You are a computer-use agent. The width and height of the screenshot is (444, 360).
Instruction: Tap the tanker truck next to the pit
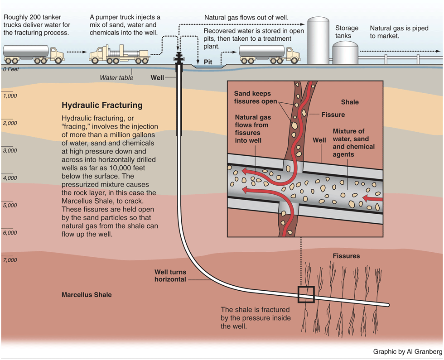click(269, 54)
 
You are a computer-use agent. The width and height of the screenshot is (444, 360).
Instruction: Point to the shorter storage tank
click(345, 53)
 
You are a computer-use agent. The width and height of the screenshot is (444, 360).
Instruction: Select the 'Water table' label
click(116, 77)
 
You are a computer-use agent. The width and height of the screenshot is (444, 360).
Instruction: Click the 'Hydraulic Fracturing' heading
click(102, 106)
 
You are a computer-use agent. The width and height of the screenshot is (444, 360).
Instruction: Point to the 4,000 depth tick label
click(10, 178)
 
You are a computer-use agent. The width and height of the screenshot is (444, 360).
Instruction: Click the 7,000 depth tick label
click(10, 260)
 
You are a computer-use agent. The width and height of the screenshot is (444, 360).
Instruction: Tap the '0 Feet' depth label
click(10, 70)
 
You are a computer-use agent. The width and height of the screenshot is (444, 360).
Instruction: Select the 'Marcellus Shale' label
click(86, 295)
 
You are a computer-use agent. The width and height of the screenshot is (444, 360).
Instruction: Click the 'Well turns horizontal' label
click(170, 276)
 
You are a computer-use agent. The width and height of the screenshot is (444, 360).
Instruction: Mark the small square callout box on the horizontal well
click(306, 294)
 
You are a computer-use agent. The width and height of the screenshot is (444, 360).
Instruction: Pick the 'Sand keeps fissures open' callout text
click(255, 97)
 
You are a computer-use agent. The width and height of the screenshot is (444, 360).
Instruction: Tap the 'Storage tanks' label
click(347, 32)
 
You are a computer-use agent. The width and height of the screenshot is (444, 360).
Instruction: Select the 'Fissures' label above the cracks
click(346, 256)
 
